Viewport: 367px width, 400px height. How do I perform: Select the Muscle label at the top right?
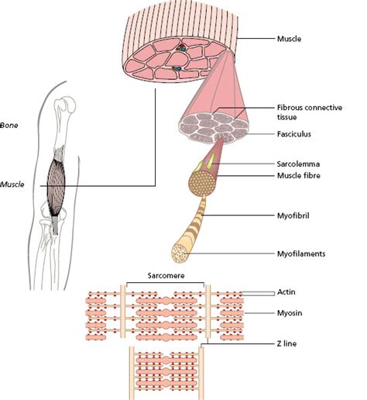coord(286,36)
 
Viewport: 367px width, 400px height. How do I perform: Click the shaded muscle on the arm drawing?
coord(58,186)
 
